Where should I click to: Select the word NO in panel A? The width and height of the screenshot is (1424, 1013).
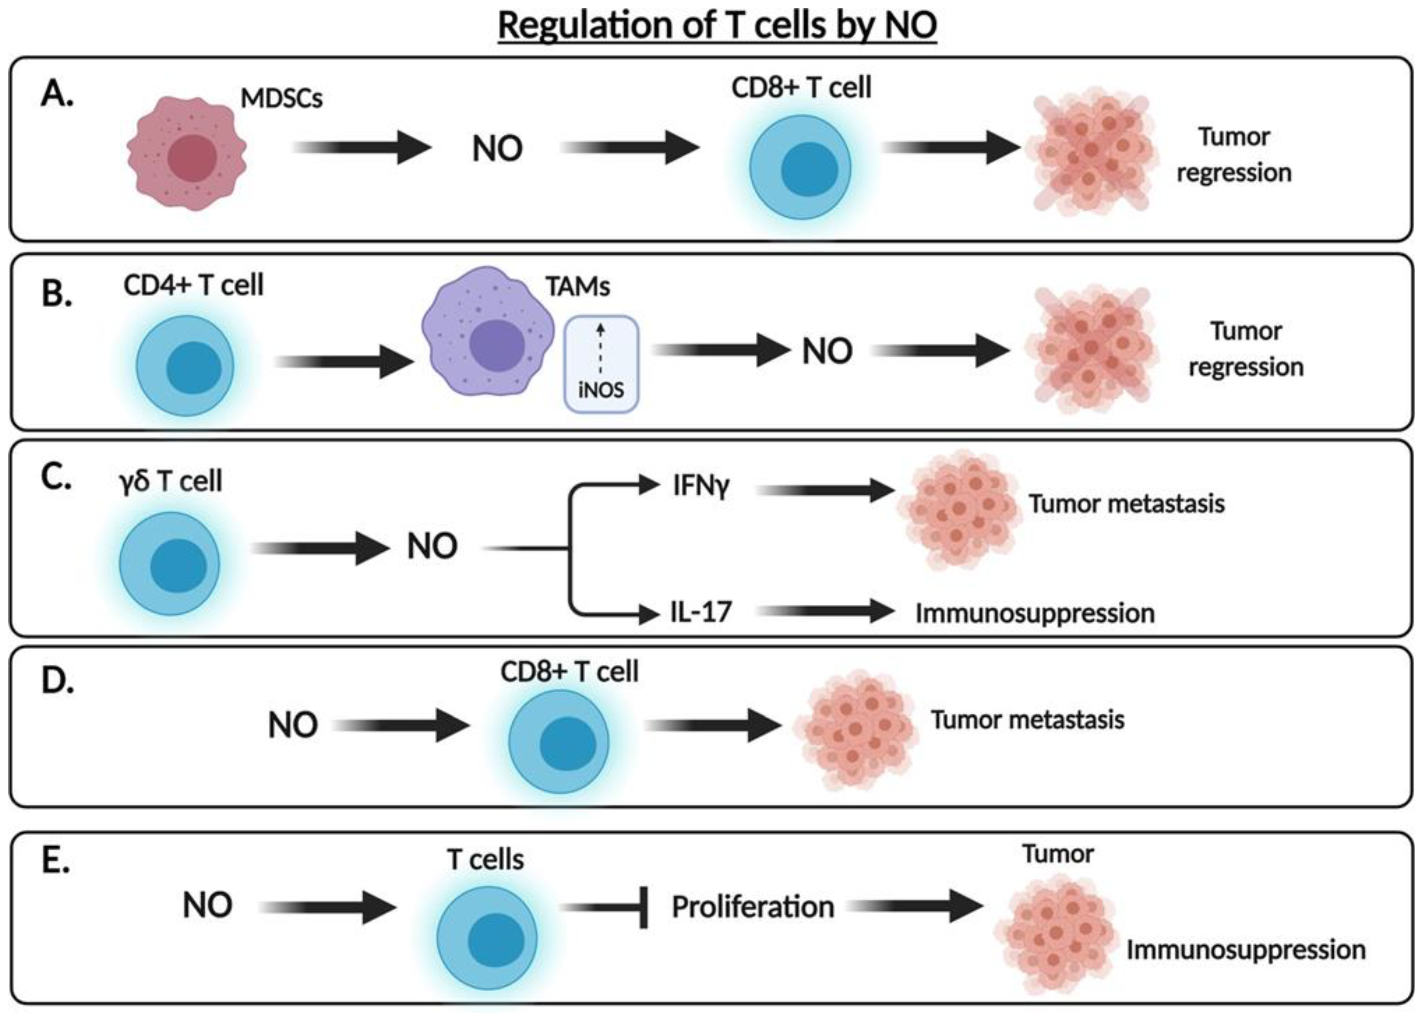click(497, 150)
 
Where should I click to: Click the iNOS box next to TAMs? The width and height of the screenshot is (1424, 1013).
click(601, 364)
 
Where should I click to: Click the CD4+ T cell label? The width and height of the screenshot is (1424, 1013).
click(193, 286)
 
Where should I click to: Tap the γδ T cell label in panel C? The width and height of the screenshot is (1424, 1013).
click(170, 481)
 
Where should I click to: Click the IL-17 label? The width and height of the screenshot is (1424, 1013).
click(700, 612)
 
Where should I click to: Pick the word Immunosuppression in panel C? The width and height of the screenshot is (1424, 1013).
click(1035, 614)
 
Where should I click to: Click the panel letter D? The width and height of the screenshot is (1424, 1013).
click(57, 681)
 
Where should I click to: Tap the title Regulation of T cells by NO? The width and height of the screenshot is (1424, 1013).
click(717, 26)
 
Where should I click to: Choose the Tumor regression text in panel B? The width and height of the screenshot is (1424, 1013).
click(1246, 349)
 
